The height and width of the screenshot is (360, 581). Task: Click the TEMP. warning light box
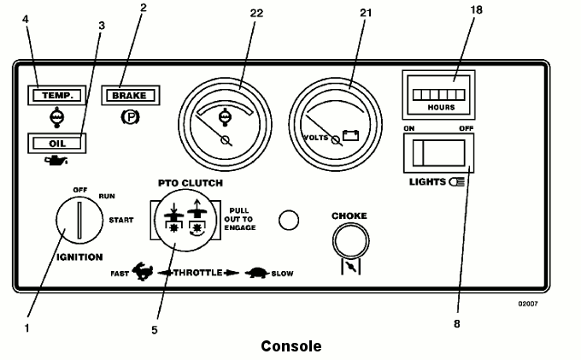point(56,95)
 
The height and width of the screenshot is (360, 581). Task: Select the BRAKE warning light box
point(131,95)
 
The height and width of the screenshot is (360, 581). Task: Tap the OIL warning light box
point(56,144)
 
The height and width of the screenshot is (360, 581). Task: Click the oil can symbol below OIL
point(56,161)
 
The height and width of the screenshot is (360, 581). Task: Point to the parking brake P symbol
point(131,117)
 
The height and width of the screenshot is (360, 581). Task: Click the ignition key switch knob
point(79,221)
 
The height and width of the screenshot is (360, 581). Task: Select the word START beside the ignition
point(121,221)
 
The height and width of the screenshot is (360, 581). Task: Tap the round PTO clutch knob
point(185,221)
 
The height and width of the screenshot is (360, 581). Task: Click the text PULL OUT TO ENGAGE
point(240,219)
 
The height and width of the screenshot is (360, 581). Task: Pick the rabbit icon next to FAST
point(143,271)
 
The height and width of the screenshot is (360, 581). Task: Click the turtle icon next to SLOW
point(257,273)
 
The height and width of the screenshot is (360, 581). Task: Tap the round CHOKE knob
point(350,241)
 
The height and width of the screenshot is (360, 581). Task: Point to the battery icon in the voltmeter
point(350,135)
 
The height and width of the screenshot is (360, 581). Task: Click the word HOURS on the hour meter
point(441,108)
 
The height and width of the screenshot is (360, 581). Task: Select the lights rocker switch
point(438,153)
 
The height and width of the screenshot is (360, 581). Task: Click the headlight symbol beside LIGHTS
point(457,182)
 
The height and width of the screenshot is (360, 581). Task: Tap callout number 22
point(256,14)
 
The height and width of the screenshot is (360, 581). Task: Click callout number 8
point(457,324)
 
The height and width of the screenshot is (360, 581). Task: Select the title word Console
point(291,346)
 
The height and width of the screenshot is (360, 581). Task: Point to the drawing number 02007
point(528,304)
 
